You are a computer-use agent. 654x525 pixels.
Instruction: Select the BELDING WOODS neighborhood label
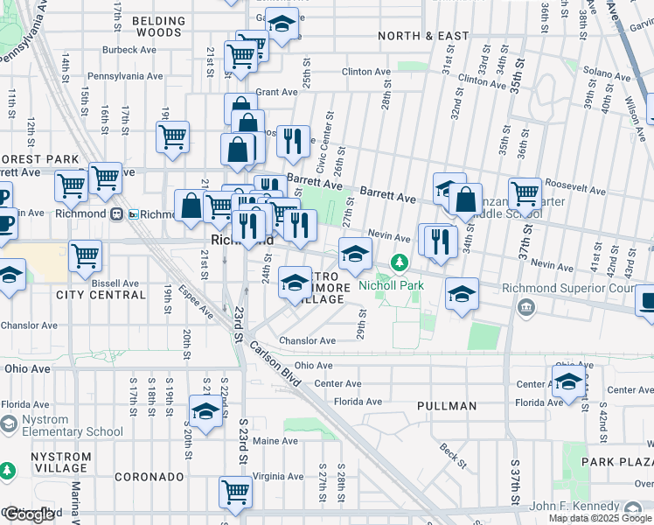pos(158,26)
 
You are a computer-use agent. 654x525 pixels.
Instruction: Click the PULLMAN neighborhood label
pos(447,406)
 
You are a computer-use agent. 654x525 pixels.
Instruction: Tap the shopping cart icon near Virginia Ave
pos(235,491)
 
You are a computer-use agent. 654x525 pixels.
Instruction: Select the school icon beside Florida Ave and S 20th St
pos(205,410)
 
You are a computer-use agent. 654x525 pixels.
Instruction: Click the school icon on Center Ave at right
pos(567,381)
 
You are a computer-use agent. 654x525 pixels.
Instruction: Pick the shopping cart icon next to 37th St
pos(525,192)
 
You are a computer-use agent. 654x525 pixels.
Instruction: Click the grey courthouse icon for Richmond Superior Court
pos(526,307)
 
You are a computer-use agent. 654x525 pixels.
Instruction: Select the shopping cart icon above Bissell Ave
pos(85,255)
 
